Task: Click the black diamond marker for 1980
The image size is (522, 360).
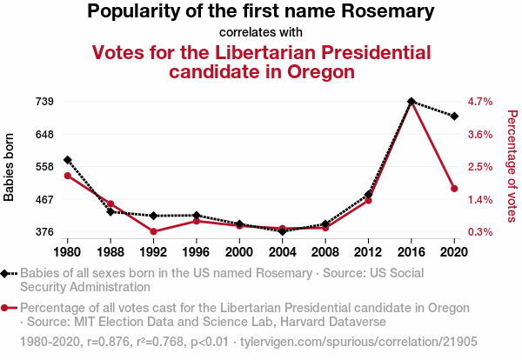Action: (x=67, y=160)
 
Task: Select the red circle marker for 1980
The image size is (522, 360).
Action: (x=67, y=176)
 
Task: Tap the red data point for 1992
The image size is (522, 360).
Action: (x=153, y=231)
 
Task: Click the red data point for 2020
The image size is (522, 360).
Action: (x=454, y=188)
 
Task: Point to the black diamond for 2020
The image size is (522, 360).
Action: (x=454, y=116)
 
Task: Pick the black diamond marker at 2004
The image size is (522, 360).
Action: (x=282, y=231)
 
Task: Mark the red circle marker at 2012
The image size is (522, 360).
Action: (x=368, y=200)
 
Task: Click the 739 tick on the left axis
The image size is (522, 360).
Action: (x=44, y=102)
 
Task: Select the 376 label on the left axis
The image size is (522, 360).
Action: (x=44, y=232)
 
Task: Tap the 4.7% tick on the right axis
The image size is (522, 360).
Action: (x=481, y=102)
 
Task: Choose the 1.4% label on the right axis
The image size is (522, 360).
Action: (x=481, y=199)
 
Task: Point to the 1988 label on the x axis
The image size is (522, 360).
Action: (x=110, y=251)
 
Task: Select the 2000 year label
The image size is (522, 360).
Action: (x=239, y=251)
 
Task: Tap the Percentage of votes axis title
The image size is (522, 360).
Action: (x=512, y=165)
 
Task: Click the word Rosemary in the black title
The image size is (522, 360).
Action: (x=389, y=12)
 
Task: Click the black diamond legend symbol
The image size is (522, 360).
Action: (x=8, y=273)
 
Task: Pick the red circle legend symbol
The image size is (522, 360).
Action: (x=8, y=308)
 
